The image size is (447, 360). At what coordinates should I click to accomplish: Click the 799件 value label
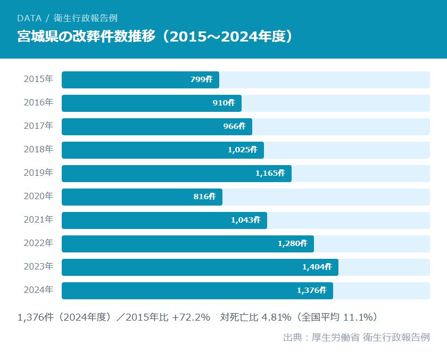tap(201, 80)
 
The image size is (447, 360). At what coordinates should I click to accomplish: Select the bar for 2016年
tap(152, 103)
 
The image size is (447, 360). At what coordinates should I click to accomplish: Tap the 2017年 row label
tap(38, 126)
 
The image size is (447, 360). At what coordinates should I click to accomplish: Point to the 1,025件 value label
tap(242, 150)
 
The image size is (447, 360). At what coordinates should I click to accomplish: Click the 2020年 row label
tap(38, 197)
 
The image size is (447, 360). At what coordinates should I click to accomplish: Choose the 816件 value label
tap(204, 197)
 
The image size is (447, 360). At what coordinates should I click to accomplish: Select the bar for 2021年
tap(164, 220)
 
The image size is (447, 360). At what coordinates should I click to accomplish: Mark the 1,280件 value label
tap(292, 244)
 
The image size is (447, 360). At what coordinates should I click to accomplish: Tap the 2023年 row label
tap(38, 267)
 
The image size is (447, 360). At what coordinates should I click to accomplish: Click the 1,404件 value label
tap(317, 267)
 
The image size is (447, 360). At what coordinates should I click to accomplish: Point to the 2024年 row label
tap(38, 290)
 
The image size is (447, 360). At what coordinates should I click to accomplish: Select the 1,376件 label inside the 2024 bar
tap(311, 291)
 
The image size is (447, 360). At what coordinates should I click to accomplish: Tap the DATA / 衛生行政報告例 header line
tap(67, 18)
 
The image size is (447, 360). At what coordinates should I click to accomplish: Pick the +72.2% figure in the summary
tap(191, 317)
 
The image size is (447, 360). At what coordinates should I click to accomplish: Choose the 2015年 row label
tap(38, 79)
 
